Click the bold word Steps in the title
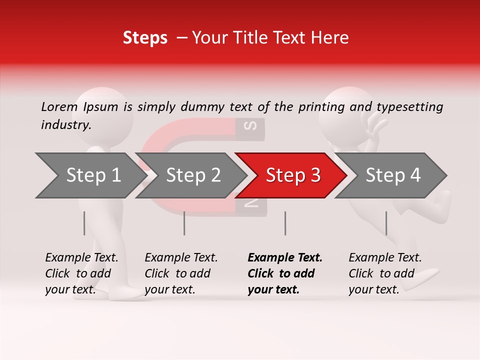coord(145,37)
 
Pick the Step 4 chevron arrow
coord(392,175)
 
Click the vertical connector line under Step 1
coord(84,223)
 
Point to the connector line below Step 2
coord(184,223)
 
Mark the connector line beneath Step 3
coord(285,223)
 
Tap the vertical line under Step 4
coord(386,223)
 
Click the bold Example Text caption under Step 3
coord(285,273)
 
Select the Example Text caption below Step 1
coord(81,273)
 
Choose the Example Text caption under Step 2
coord(181,273)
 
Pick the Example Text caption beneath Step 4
coord(385,273)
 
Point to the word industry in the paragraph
coord(65,124)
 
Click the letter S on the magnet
coord(253,125)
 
